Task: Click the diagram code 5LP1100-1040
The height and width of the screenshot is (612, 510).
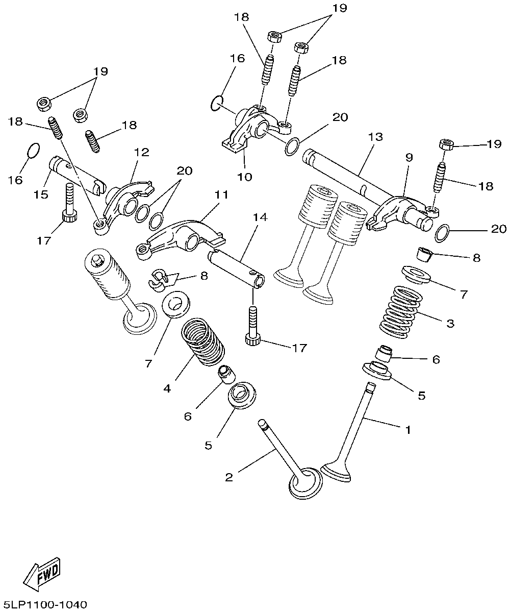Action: click(44, 604)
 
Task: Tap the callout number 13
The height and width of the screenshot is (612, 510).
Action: click(375, 137)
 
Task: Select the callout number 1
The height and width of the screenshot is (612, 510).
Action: click(407, 430)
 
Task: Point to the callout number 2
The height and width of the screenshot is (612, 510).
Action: click(229, 477)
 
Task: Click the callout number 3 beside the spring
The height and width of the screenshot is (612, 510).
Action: click(449, 324)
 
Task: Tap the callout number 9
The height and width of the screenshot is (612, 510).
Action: click(409, 158)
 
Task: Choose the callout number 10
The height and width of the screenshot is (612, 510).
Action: click(245, 177)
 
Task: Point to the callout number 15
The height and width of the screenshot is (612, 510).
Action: click(42, 195)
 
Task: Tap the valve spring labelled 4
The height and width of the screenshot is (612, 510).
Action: click(203, 341)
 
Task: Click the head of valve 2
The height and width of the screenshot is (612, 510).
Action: click(305, 482)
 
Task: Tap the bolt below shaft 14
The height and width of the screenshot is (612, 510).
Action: click(252, 327)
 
